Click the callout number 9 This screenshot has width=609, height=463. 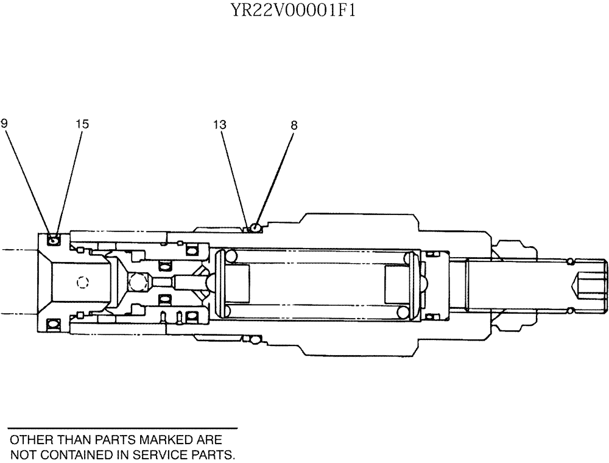(4, 124)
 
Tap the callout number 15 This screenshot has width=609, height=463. (82, 124)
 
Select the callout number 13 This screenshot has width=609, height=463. (220, 124)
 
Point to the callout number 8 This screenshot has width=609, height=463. (294, 124)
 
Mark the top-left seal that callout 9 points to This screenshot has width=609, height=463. (54, 240)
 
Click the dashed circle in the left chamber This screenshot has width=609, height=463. (83, 281)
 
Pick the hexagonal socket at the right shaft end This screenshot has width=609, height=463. (591, 283)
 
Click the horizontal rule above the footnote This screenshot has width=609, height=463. (122, 429)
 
